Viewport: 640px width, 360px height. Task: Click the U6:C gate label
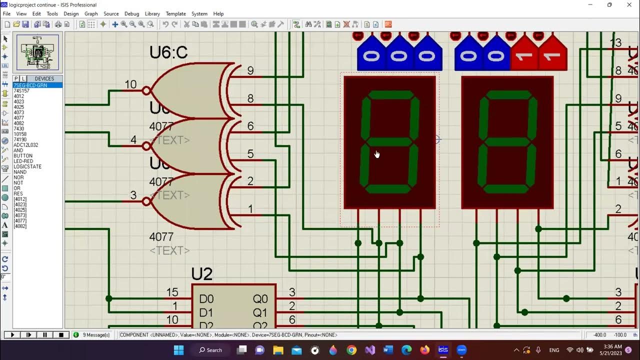tap(168, 52)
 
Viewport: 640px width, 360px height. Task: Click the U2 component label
tap(202, 274)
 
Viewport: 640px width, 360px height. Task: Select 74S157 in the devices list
tap(21, 91)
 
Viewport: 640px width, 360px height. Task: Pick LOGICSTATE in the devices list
tap(27, 167)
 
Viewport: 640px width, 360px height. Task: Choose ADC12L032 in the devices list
tap(25, 145)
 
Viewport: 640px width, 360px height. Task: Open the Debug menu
tap(131, 14)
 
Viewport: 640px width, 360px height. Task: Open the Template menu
tap(175, 14)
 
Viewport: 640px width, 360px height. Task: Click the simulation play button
tap(12, 335)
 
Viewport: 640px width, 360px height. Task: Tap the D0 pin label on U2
tap(206, 299)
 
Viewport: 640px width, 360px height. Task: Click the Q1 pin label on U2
tap(260, 313)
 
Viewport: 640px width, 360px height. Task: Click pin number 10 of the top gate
tap(130, 84)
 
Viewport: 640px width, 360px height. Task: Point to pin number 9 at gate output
tap(250, 71)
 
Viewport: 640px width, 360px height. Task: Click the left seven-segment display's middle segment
tap(389, 141)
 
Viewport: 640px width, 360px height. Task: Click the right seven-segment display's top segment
tap(508, 94)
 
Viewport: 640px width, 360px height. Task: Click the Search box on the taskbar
tap(210, 350)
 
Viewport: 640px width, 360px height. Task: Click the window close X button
tap(629, 5)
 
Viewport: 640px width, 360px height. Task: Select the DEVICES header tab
tap(44, 78)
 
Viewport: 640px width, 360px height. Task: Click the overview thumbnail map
tap(37, 52)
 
